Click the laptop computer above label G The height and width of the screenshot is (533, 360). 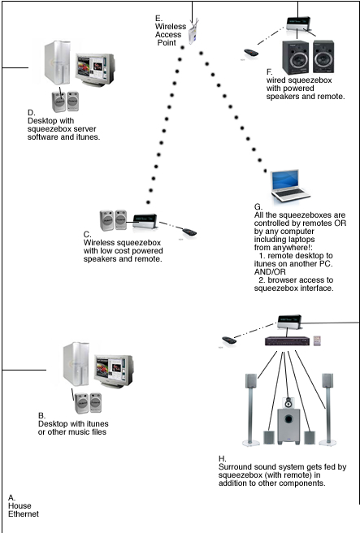coord(288,187)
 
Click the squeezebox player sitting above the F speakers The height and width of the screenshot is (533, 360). coord(296,29)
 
